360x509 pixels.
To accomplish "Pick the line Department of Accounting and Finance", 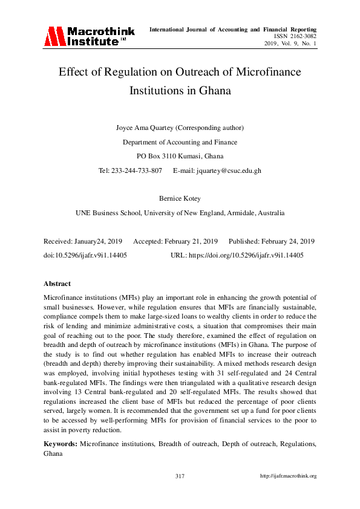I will point(180,142).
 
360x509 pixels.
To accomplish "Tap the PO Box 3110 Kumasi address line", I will point(180,156).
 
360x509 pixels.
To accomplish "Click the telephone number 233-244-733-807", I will point(137,170).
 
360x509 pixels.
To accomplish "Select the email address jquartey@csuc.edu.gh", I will point(229,170).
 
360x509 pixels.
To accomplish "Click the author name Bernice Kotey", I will point(180,199).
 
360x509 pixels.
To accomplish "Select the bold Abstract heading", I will point(57,284).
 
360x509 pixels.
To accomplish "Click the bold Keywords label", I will point(60,444).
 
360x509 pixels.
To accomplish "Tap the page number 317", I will point(180,476).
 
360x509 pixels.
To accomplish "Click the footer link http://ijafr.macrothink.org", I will point(288,476).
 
